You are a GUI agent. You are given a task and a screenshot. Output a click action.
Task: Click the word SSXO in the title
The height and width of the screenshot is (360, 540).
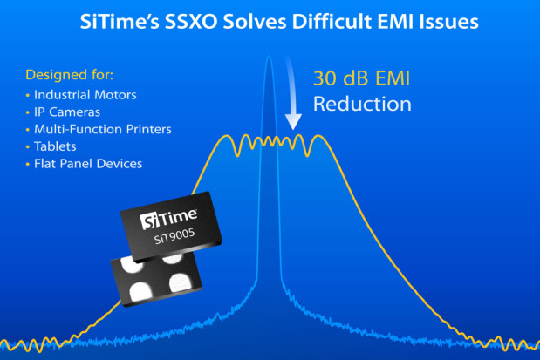click(x=191, y=22)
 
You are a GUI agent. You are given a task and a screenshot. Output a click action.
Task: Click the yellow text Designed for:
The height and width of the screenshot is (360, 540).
click(x=69, y=75)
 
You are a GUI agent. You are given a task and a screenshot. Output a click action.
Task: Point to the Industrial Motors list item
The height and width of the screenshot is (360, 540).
click(x=85, y=95)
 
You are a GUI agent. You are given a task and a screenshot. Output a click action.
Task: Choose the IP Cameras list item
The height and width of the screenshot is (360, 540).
click(x=67, y=112)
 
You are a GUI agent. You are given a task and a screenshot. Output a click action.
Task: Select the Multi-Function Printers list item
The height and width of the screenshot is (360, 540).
click(x=103, y=129)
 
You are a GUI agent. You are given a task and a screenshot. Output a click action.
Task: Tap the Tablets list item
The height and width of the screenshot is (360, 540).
click(x=55, y=146)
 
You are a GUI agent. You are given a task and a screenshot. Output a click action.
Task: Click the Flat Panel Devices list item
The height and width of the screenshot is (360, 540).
click(x=88, y=164)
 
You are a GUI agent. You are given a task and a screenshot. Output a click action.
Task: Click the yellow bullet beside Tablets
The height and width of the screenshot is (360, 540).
click(x=28, y=147)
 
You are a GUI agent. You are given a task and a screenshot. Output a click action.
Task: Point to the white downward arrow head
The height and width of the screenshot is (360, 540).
click(x=293, y=121)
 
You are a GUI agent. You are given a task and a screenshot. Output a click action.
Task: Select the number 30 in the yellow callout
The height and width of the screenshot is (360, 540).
click(x=325, y=78)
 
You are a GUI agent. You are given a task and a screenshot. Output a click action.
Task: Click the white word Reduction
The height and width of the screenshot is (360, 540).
click(x=362, y=104)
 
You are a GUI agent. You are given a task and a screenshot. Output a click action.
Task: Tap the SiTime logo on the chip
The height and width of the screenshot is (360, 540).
click(x=168, y=219)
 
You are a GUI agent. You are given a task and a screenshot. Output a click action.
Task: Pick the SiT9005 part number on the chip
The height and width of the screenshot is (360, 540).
click(x=174, y=236)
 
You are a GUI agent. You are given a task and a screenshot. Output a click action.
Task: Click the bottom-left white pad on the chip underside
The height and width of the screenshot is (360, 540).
click(x=140, y=291)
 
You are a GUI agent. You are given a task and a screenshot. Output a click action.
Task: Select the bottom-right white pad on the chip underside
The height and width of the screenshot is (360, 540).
click(x=180, y=282)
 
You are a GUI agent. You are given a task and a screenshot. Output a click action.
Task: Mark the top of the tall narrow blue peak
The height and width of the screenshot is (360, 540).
click(x=269, y=56)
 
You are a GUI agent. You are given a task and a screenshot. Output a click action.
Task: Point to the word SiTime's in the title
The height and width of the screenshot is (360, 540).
click(x=120, y=22)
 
